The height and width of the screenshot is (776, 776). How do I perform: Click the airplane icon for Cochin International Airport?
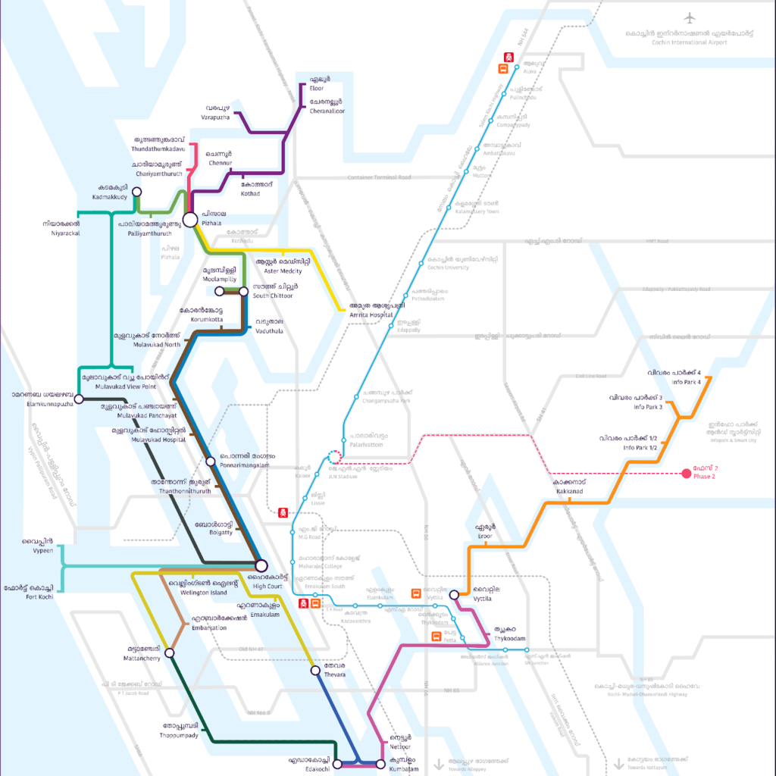[x=689, y=17]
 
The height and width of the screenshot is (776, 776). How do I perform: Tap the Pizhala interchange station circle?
[x=190, y=219]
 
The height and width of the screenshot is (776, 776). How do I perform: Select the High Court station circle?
[x=261, y=565]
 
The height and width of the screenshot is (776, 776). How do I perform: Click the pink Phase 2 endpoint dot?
[x=687, y=474]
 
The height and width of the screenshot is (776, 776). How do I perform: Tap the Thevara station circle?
[x=315, y=670]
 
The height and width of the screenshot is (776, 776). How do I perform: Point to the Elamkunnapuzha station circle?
[x=79, y=399]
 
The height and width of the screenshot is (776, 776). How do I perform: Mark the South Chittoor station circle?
[x=243, y=291]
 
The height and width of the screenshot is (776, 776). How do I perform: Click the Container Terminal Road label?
[x=379, y=177]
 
